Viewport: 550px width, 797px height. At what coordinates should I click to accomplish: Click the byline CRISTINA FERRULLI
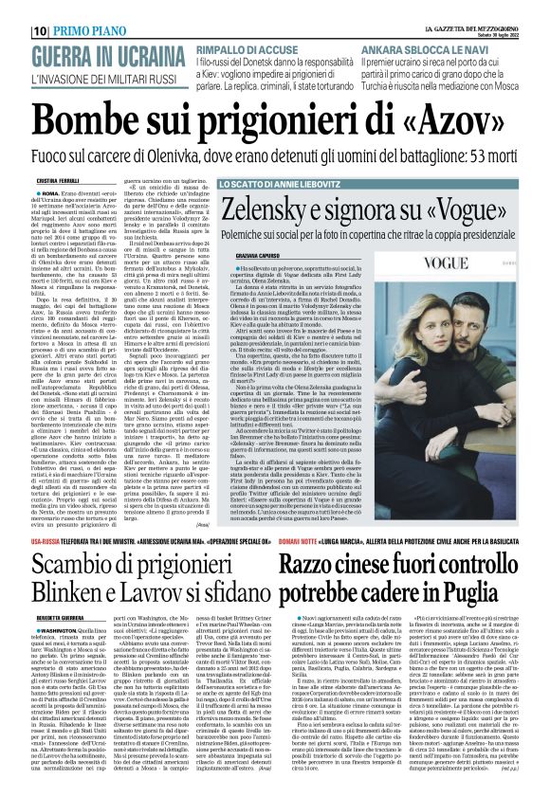(x=56, y=180)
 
